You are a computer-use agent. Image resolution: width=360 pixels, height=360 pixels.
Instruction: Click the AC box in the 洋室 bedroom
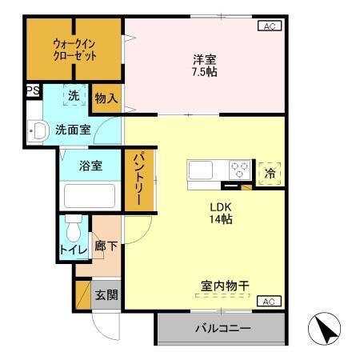pyautogui.click(x=269, y=26)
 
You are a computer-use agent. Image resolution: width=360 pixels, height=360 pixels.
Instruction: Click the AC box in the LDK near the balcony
pyautogui.click(x=269, y=302)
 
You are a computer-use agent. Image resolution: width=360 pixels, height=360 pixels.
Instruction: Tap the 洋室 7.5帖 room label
pyautogui.click(x=205, y=65)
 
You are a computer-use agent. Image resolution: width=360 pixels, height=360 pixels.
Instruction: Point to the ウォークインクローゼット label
pyautogui.click(x=75, y=50)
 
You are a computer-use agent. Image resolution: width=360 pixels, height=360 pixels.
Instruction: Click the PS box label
pyautogui.click(x=33, y=91)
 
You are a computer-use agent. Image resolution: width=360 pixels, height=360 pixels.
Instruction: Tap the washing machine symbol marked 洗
pyautogui.click(x=73, y=95)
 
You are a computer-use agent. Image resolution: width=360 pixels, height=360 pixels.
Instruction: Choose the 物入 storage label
pyautogui.click(x=106, y=99)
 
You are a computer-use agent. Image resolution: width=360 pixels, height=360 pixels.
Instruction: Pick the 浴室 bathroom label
pyautogui.click(x=90, y=166)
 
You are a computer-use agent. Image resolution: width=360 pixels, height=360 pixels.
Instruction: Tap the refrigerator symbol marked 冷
pyautogui.click(x=270, y=172)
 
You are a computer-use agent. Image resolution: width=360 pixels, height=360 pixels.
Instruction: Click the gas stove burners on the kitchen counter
pyautogui.click(x=239, y=170)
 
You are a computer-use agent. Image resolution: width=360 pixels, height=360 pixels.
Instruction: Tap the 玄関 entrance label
pyautogui.click(x=106, y=294)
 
